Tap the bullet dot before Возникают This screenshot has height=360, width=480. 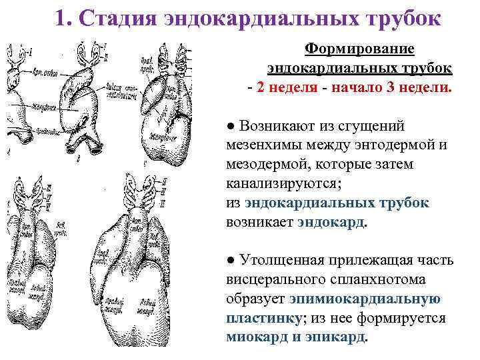pos(231,127)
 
